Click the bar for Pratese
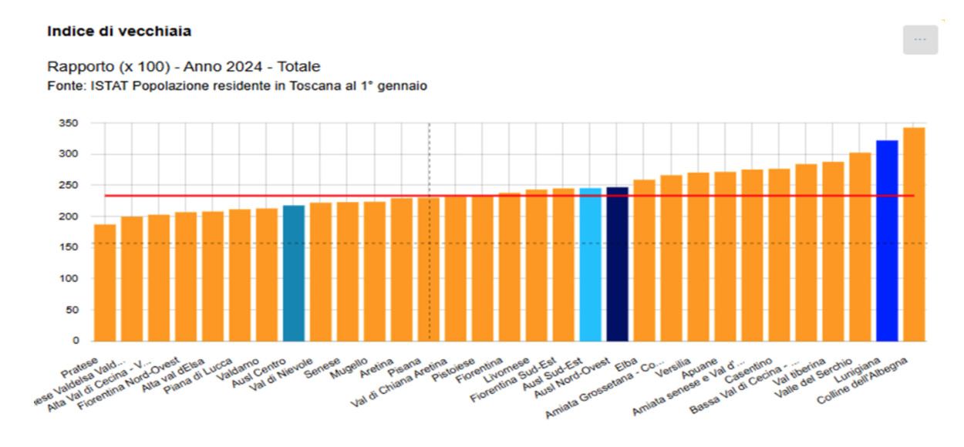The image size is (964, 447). (x=105, y=282)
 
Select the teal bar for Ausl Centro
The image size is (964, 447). (x=294, y=273)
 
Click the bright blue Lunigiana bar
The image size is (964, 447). (x=887, y=240)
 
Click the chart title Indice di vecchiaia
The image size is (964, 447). (x=120, y=32)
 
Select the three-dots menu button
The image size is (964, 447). (x=920, y=39)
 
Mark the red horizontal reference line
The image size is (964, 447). (x=509, y=196)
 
